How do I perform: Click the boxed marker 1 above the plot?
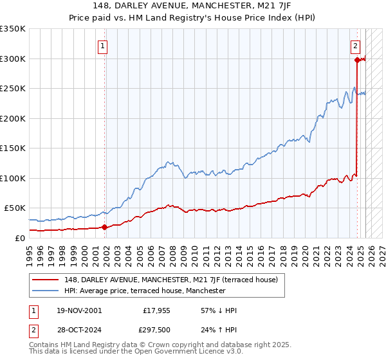pyautogui.click(x=103, y=46)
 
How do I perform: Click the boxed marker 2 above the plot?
pyautogui.click(x=355, y=46)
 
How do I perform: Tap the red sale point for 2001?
pyautogui.click(x=104, y=226)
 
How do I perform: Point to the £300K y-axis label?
pyautogui.click(x=13, y=59)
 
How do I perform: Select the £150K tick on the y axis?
pyautogui.click(x=13, y=148)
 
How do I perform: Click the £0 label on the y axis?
pyautogui.click(x=19, y=238)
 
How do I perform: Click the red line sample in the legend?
pyautogui.click(x=45, y=280)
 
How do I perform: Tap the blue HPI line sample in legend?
pyautogui.click(x=45, y=291)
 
